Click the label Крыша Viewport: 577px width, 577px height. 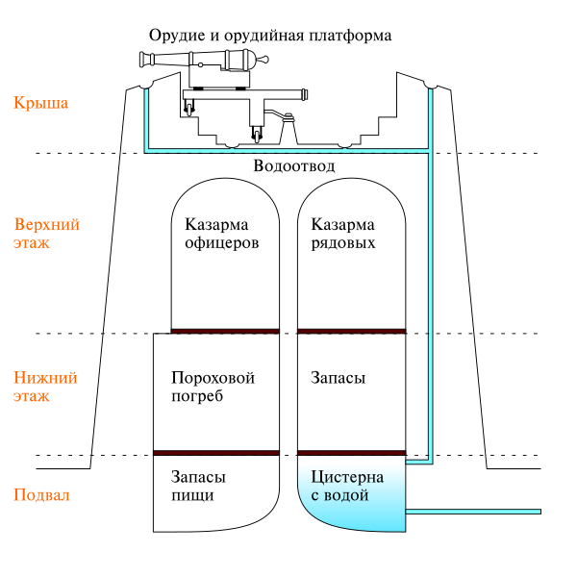pyautogui.click(x=40, y=103)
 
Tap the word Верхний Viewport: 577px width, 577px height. pyautogui.click(x=46, y=225)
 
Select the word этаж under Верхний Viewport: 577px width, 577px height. pyautogui.click(x=31, y=242)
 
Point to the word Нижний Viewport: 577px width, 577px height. pyautogui.click(x=45, y=378)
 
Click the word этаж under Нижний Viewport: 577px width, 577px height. pyautogui.click(x=31, y=395)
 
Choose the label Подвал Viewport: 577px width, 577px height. pyautogui.click(x=41, y=495)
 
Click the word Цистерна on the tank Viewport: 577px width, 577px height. pyautogui.click(x=347, y=478)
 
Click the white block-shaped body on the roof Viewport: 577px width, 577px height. pyautogui.click(x=219, y=77)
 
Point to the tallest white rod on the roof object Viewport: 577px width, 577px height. pyautogui.click(x=245, y=60)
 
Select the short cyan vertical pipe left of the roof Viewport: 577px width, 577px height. pyautogui.click(x=146, y=120)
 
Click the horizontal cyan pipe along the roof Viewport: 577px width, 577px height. pyautogui.click(x=288, y=150)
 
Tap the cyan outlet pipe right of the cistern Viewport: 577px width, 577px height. pyautogui.click(x=473, y=512)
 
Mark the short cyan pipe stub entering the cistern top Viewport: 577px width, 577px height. pyautogui.click(x=418, y=462)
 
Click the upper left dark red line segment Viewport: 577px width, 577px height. pyautogui.click(x=225, y=331)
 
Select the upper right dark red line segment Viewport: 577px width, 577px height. pyautogui.click(x=351, y=331)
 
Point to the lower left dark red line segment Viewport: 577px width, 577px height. pyautogui.click(x=215, y=453)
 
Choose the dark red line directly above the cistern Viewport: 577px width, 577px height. pyautogui.click(x=351, y=453)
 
